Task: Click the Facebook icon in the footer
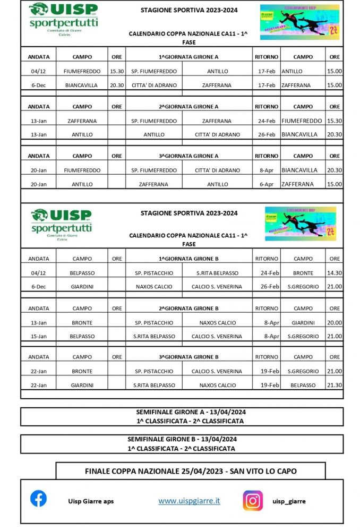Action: pos(38,499)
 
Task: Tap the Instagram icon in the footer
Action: pos(253,500)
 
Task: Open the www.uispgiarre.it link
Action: pos(189,501)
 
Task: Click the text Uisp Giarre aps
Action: pos(91,501)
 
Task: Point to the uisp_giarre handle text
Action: pos(289,501)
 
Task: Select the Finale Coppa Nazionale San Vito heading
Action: pos(191,471)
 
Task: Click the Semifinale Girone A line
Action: pos(190,412)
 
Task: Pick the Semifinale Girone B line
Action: pos(182,439)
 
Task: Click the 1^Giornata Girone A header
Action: pos(188,57)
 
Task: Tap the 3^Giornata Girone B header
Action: pos(188,357)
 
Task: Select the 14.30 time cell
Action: pos(335,273)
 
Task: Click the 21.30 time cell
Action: pos(335,385)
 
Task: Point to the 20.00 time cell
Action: pos(335,322)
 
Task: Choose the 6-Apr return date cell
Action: pos(266,184)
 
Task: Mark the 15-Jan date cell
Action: pos(39,336)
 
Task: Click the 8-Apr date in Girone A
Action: pos(266,170)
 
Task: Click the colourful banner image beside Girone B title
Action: pos(300,224)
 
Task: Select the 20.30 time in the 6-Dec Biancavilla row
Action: pos(117,85)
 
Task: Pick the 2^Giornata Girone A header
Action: pos(188,106)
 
